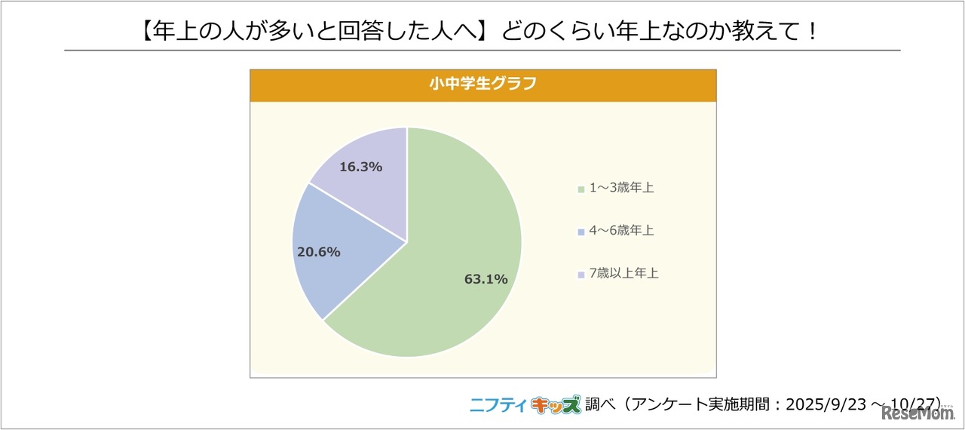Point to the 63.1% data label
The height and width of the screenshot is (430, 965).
pyautogui.click(x=486, y=279)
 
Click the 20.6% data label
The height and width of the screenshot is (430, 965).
pyautogui.click(x=318, y=252)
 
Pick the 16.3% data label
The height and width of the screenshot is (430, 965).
pyautogui.click(x=360, y=167)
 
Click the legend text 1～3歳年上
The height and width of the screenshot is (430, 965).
pyautogui.click(x=622, y=188)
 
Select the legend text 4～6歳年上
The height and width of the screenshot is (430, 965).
pyautogui.click(x=622, y=231)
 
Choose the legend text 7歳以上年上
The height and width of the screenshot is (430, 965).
pyautogui.click(x=624, y=274)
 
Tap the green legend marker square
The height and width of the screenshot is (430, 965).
pyautogui.click(x=581, y=189)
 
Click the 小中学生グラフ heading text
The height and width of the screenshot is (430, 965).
pyautogui.click(x=482, y=84)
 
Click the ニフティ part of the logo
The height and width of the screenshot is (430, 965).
pyautogui.click(x=498, y=405)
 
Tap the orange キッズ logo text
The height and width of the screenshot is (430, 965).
pyautogui.click(x=556, y=405)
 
